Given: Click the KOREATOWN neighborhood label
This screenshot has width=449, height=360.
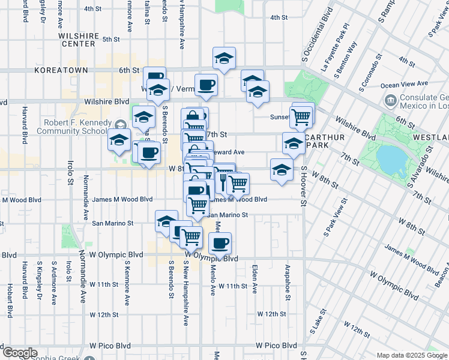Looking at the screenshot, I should click(x=61, y=70).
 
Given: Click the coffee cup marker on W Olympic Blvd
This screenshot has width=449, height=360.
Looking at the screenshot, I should click(x=220, y=244).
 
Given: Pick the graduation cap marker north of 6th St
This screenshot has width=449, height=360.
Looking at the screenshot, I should click(x=224, y=58).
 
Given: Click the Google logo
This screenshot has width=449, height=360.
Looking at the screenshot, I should click(x=19, y=353).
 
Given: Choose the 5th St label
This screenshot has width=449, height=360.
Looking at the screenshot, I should click(x=111, y=39).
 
